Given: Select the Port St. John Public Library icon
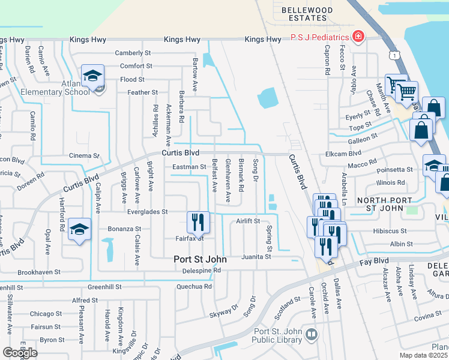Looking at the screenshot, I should point(311,334).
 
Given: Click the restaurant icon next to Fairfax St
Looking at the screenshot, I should point(197,223).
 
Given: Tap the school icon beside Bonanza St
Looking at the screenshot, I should point(79,230).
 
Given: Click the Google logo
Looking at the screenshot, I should point(20,352).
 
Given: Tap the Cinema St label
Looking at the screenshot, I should point(84,156).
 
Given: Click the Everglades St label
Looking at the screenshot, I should point(146,212).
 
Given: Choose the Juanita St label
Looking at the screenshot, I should point(256,256).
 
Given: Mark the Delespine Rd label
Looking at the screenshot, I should point(202,271).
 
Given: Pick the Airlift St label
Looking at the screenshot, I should point(247,221).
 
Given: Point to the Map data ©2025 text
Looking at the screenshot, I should point(424,355).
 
